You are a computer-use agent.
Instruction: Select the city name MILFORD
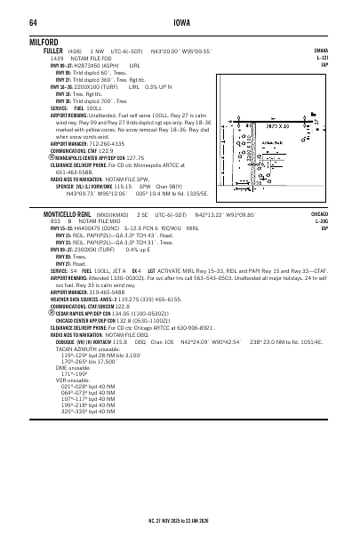pyautogui.click(x=44, y=41)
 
